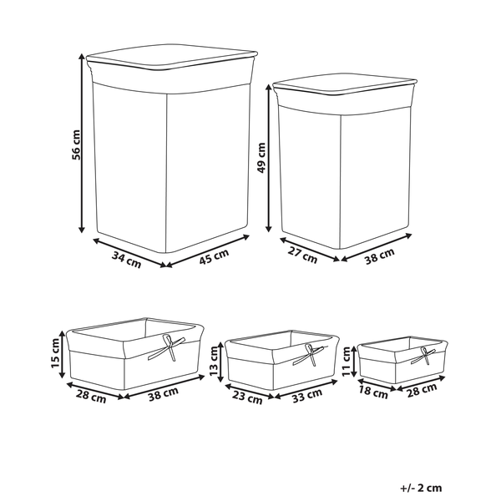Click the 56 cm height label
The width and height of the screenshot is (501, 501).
coord(76,144)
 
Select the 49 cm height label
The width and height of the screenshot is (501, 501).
coord(261,158)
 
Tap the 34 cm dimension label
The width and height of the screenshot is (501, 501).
coord(127,260)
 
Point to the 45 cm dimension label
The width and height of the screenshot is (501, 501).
coord(214,256)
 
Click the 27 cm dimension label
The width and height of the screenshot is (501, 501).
coord(302,255)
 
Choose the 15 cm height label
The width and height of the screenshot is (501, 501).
coord(55,353)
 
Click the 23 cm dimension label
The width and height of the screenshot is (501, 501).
coord(247,397)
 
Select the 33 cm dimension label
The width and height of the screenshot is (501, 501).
coord(307,395)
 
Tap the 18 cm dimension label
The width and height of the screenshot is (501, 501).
coord(373,392)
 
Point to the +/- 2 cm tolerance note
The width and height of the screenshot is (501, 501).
coord(421,488)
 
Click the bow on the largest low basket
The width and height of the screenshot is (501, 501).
coord(167,347)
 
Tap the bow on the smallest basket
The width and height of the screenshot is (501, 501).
coord(423,357)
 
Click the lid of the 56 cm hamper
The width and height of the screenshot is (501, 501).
coord(172,57)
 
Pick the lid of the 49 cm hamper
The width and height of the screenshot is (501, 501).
coord(345,84)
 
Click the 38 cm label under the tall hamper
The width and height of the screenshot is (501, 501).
coord(380,256)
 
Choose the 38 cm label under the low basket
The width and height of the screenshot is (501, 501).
coord(164,394)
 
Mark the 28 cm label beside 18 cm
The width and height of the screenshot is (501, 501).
coord(422,391)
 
